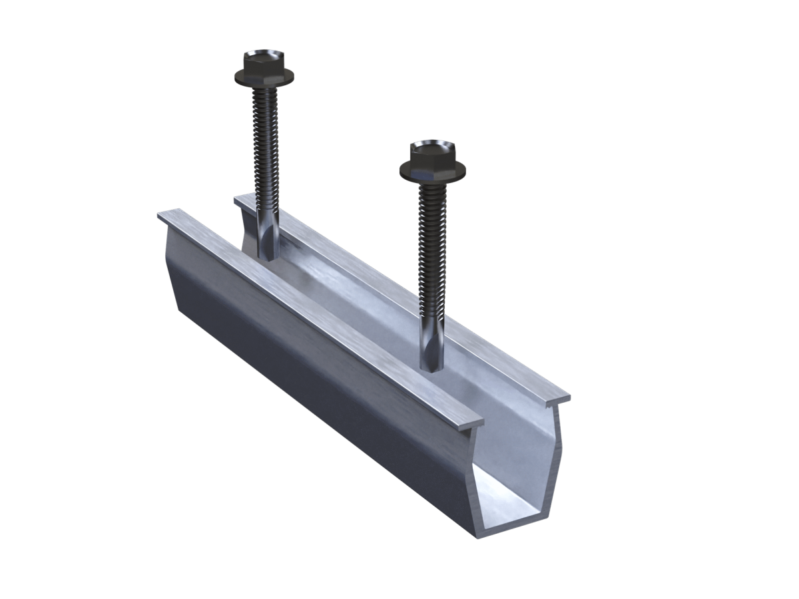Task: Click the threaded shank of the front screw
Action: (430, 253)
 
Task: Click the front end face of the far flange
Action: (559, 399)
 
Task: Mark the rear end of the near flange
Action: (166, 217)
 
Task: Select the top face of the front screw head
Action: (425, 148)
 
